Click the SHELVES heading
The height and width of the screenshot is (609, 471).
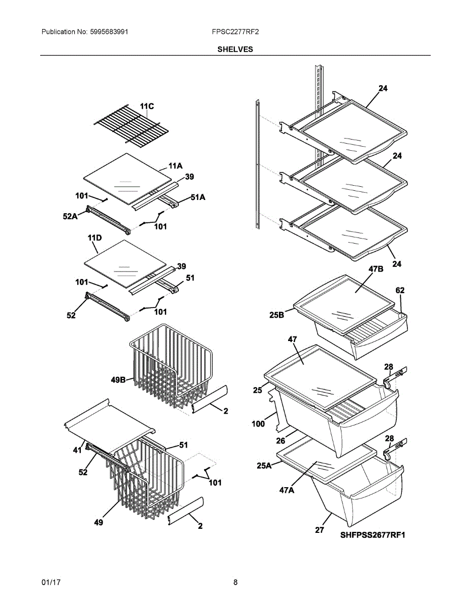coord(235,49)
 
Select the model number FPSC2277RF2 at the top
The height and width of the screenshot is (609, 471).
coord(235,32)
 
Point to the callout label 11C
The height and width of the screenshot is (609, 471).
coord(147,106)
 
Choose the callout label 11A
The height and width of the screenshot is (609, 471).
coord(175,165)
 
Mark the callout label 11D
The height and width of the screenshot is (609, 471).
coord(95,238)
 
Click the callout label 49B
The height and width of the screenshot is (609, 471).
coord(120,379)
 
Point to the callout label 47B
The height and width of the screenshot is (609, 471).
coord(376,269)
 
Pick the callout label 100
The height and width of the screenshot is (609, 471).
coord(259,423)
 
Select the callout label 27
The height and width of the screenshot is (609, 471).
coord(320,531)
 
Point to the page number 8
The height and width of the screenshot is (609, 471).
coord(235,582)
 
